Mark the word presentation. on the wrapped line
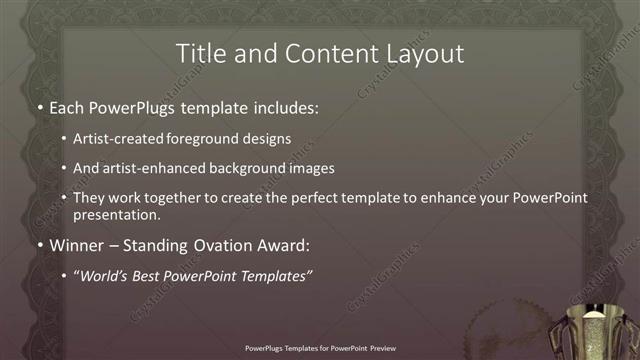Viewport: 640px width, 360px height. click(116, 214)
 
